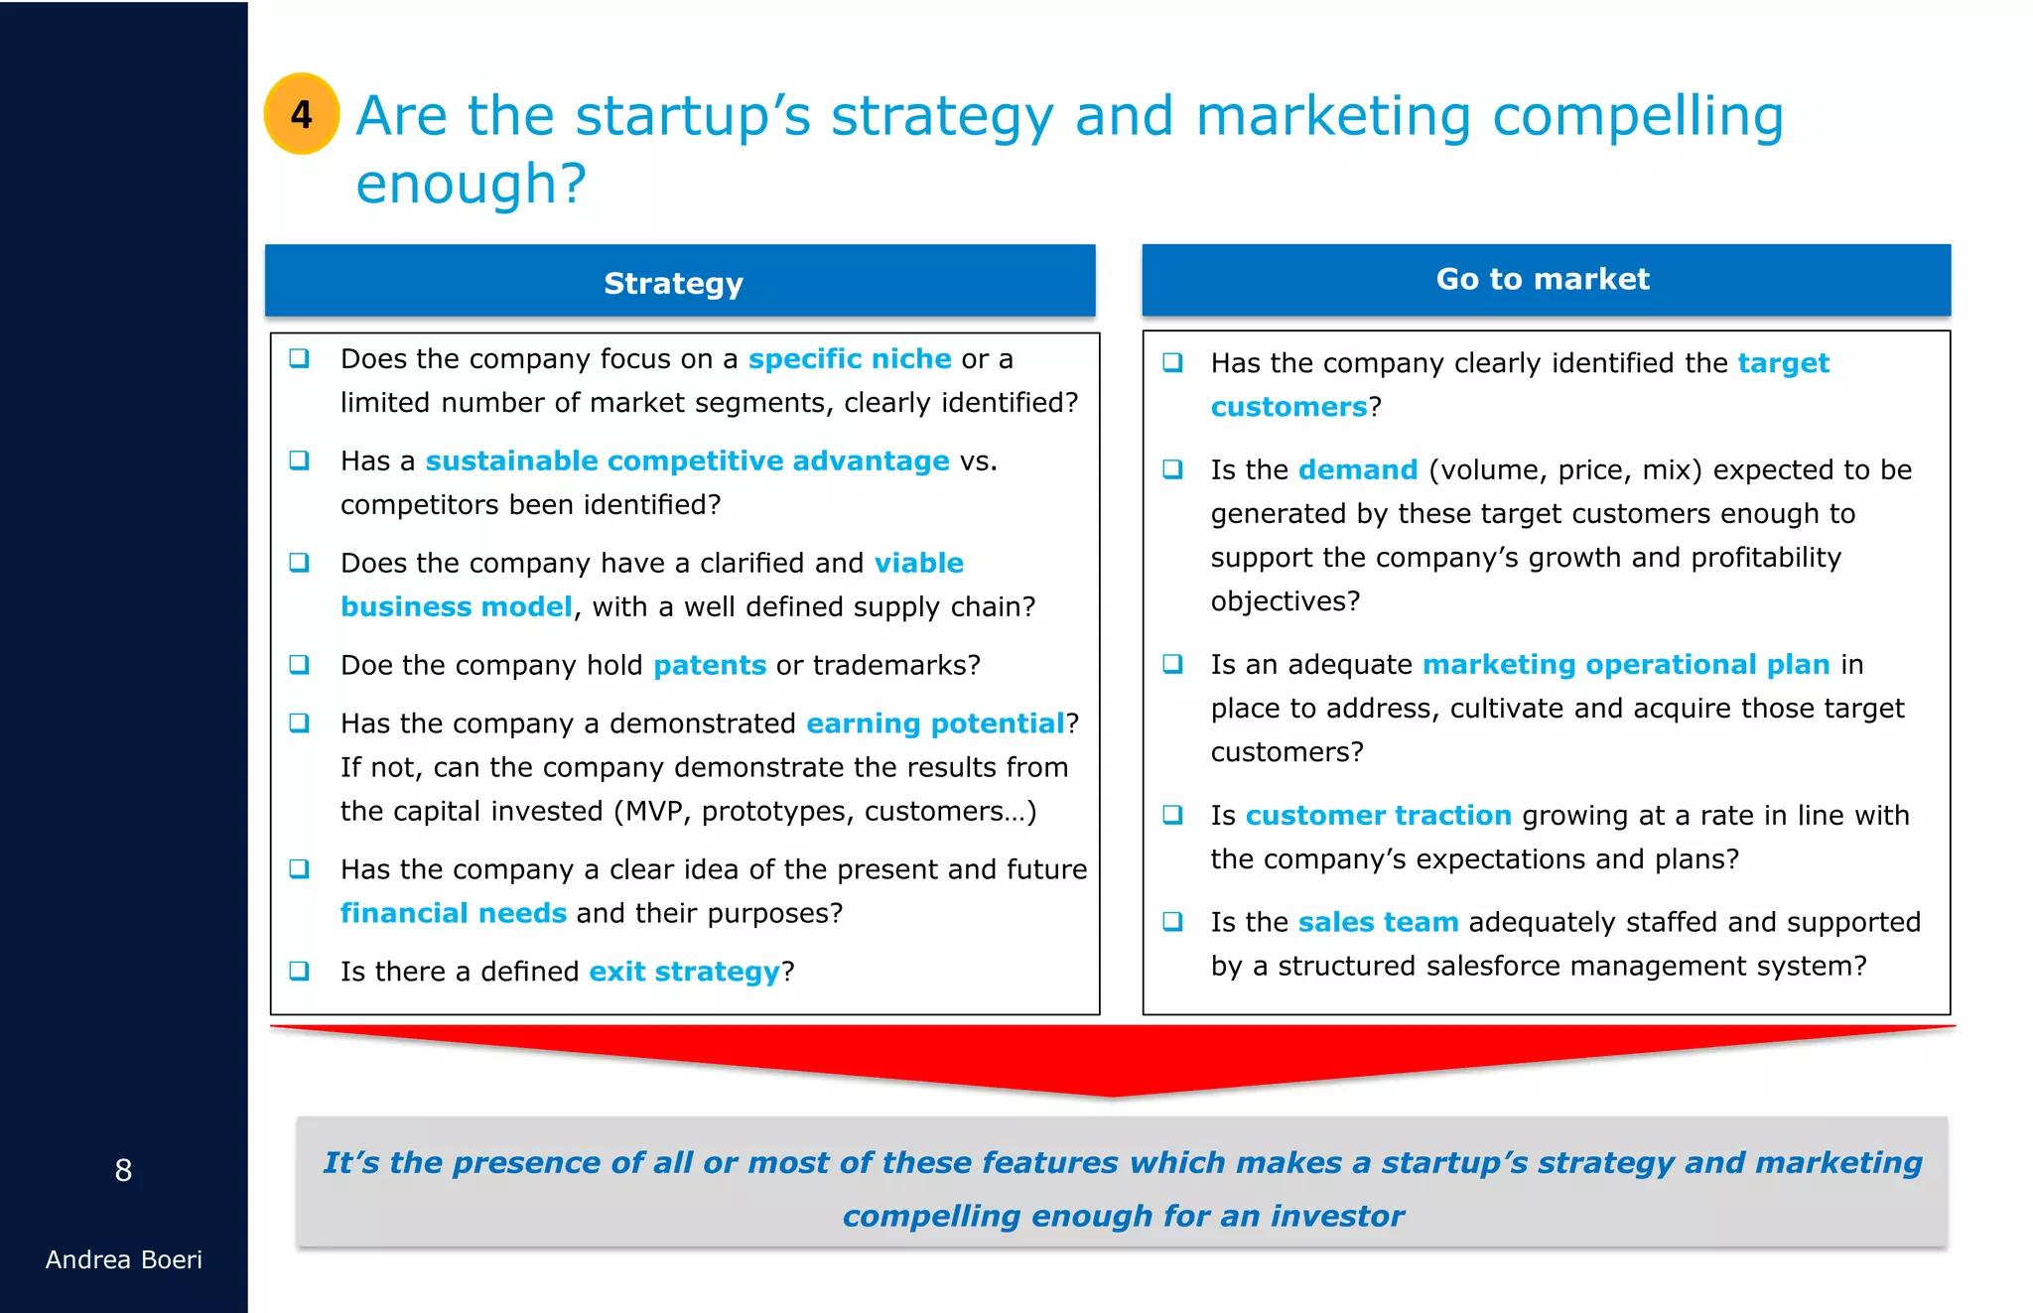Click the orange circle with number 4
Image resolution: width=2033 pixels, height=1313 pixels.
point(302,114)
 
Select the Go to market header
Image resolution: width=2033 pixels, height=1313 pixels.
point(1545,279)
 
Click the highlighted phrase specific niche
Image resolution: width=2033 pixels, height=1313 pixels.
point(850,358)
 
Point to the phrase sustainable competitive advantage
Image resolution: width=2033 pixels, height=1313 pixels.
point(687,460)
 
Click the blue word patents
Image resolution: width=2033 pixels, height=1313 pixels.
point(710,665)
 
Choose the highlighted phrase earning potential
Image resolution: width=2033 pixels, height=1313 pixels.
point(935,723)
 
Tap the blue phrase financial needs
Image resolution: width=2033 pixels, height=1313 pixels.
point(454,913)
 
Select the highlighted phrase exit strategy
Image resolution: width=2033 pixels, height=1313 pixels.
point(685,972)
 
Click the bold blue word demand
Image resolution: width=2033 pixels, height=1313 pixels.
point(1358,469)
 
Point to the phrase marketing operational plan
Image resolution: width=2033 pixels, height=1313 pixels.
point(1626,664)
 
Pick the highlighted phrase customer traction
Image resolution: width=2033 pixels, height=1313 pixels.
point(1378,815)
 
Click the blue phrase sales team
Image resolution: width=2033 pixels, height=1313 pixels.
point(1378,922)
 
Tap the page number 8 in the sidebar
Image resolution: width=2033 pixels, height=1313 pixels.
point(123,1171)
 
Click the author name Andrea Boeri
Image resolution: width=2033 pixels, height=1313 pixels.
point(123,1259)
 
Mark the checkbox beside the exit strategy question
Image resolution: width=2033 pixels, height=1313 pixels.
point(299,971)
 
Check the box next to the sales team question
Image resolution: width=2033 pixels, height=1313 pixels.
point(1172,921)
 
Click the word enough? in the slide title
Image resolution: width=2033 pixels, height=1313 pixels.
point(472,185)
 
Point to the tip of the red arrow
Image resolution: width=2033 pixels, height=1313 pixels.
point(1112,1096)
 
